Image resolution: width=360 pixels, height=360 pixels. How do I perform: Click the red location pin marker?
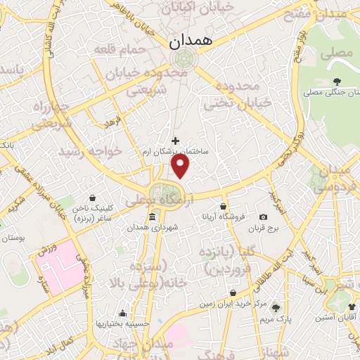coord(181,167)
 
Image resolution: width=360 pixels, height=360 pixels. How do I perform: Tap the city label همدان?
coord(188,42)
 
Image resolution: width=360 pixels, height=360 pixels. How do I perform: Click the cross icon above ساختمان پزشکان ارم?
coord(175,141)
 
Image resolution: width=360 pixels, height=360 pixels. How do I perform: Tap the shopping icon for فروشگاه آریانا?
coord(224,207)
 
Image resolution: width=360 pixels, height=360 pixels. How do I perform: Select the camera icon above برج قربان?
coord(263,217)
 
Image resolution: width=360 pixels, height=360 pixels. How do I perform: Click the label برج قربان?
coord(267,229)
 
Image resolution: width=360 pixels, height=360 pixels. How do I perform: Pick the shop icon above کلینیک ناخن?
coord(94,198)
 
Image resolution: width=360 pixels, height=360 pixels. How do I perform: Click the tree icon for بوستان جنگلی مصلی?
coord(337,80)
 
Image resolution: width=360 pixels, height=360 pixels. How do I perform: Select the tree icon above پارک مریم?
coord(275,308)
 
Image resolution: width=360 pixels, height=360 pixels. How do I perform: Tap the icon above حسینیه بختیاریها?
coord(124,314)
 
